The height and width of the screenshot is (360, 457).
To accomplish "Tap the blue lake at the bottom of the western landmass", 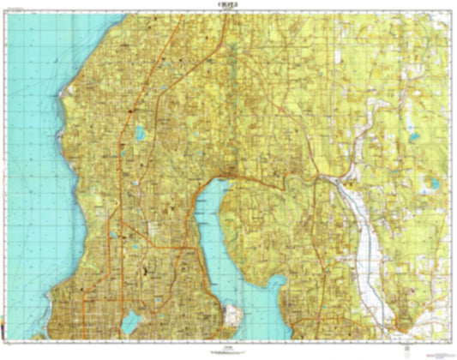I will click(x=130, y=322).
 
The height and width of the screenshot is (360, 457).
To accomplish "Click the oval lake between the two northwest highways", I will click(x=139, y=133).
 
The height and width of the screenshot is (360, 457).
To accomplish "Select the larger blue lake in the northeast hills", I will click(x=414, y=136).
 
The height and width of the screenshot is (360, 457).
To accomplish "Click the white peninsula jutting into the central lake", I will click(x=232, y=317).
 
